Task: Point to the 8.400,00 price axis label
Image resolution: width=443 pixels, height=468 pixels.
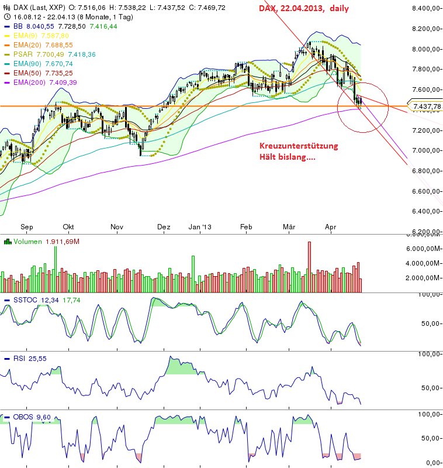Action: pos(425,8)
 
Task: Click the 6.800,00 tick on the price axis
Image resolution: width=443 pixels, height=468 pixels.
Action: pos(425,171)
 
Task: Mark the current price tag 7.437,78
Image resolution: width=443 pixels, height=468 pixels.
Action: pos(425,106)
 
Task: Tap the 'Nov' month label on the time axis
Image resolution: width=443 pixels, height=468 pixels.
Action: pos(117,227)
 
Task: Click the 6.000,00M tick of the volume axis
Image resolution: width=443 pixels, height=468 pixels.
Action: pos(425,249)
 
